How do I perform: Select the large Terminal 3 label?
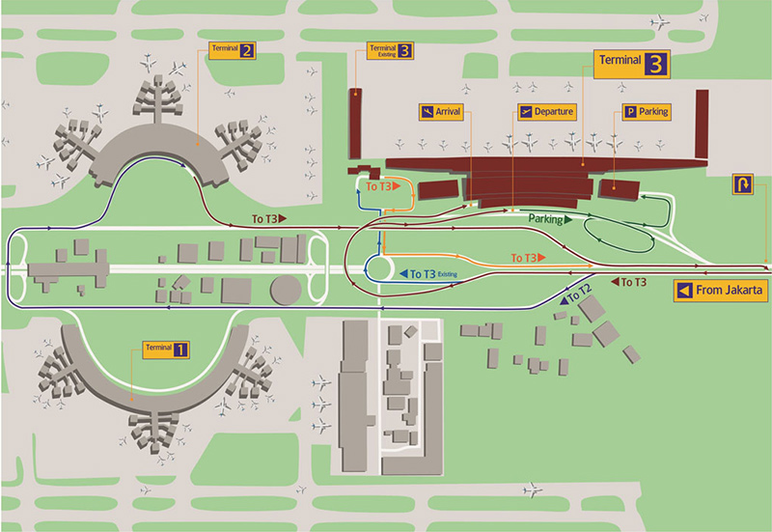tap(632, 64)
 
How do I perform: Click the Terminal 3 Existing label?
tap(390, 50)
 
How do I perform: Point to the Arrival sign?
tap(441, 112)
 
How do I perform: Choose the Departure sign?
tap(546, 112)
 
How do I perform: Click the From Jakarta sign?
tap(722, 290)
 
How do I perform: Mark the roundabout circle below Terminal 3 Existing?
tap(379, 266)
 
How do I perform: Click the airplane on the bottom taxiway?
tap(532, 490)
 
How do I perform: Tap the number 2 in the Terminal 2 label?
tap(247, 50)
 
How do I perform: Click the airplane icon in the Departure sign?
tap(526, 112)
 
